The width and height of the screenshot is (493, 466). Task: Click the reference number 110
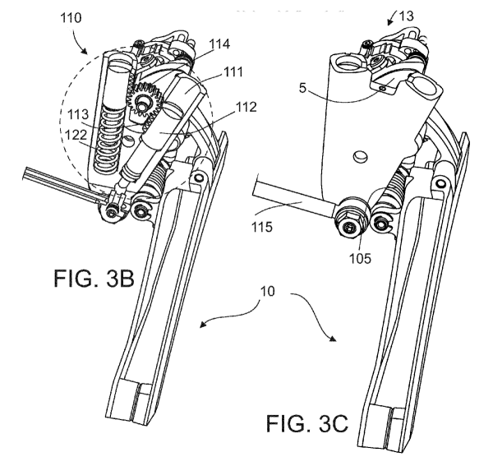(71, 17)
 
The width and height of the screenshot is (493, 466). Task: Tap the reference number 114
(219, 44)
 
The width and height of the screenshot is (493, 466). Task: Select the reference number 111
(233, 72)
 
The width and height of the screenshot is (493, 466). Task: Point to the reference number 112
(246, 107)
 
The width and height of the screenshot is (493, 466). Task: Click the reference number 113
(79, 114)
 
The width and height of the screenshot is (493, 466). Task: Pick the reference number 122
(76, 136)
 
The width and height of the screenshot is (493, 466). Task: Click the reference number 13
(406, 16)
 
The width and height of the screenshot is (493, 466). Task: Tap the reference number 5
(302, 89)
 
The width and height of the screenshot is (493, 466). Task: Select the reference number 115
(261, 226)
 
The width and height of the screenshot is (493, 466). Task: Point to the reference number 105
(361, 258)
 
